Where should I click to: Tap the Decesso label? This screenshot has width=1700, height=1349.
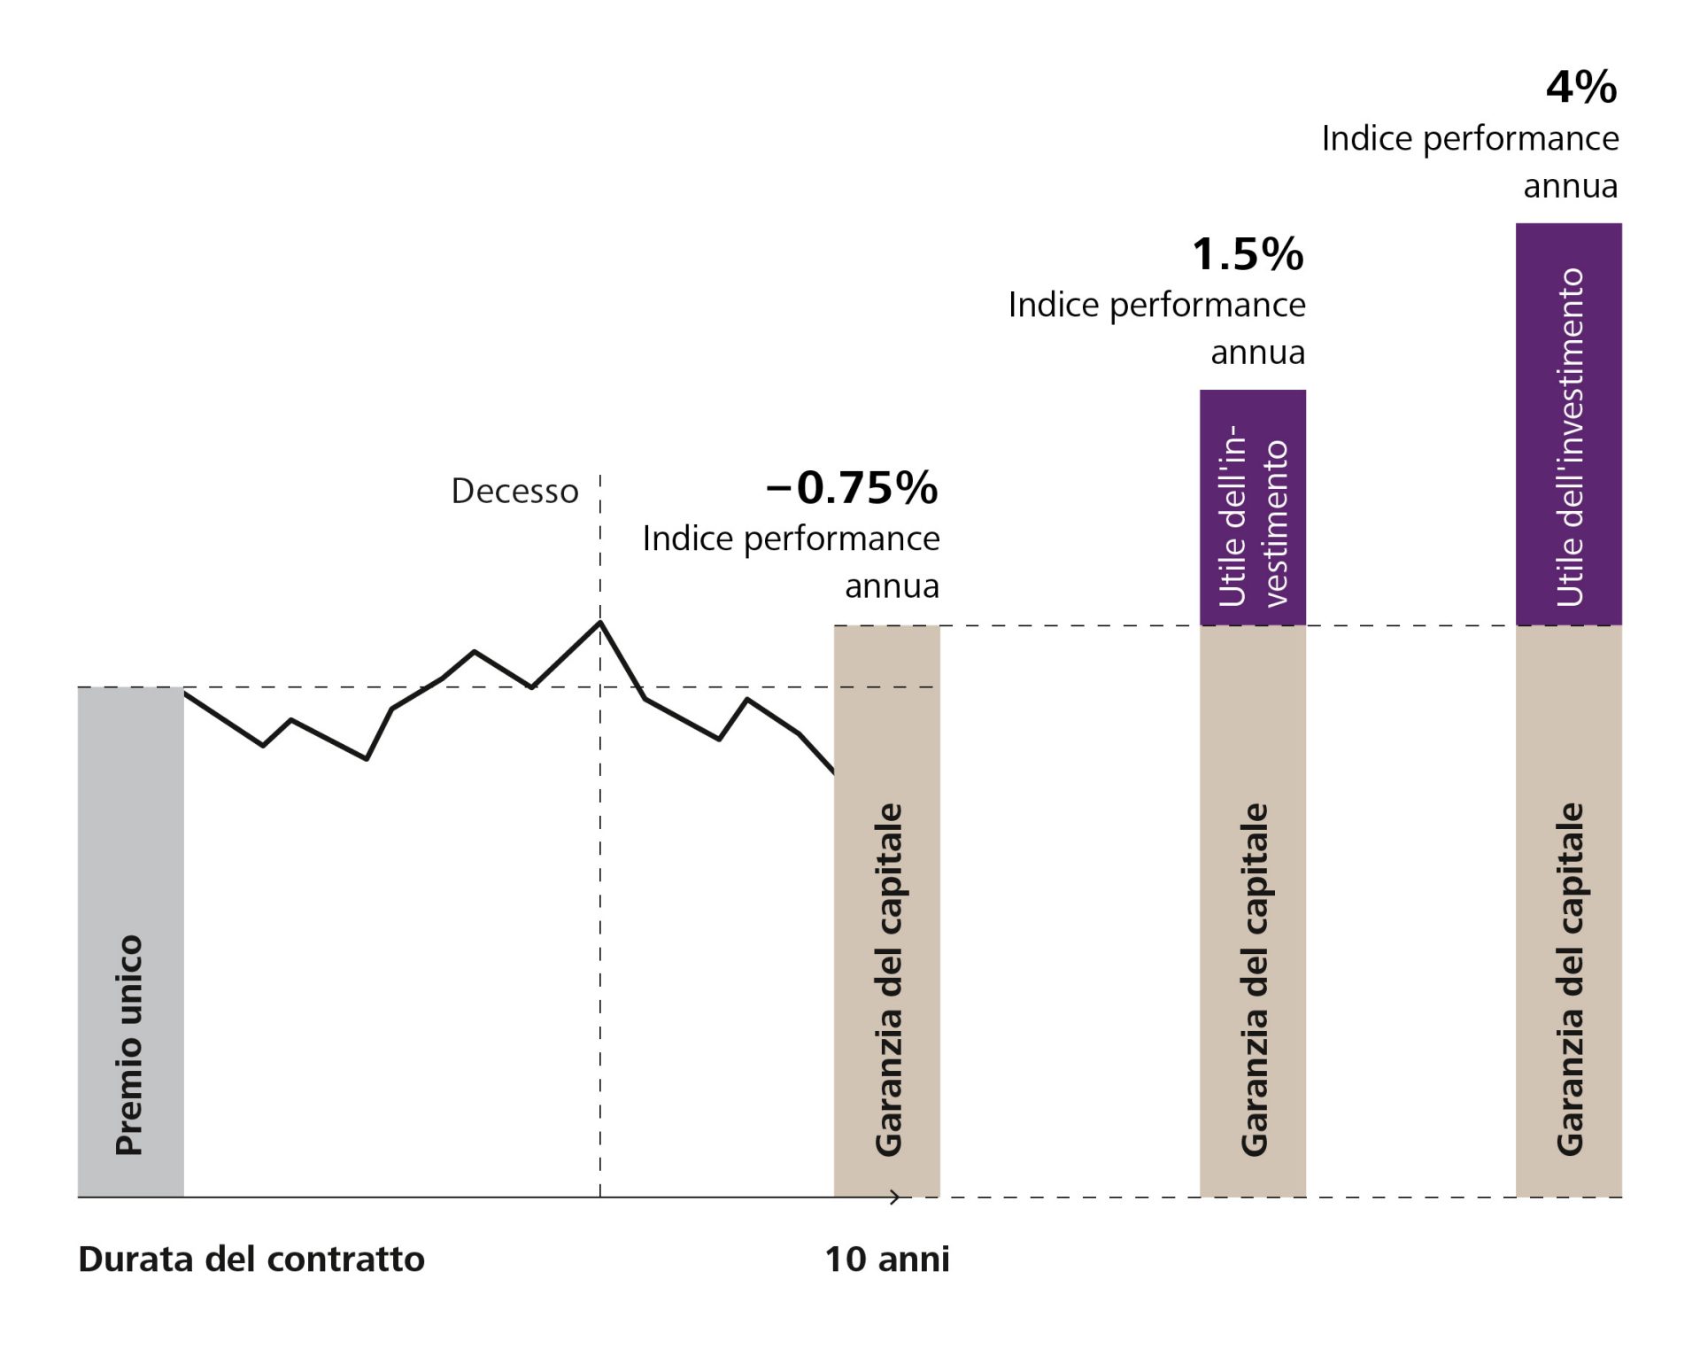pos(514,491)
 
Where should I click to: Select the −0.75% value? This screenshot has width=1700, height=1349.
pos(851,487)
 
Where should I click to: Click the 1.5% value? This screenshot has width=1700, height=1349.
pos(1248,254)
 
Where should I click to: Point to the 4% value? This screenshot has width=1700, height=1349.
pos(1581,88)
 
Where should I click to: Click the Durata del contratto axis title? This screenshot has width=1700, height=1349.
pos(251,1259)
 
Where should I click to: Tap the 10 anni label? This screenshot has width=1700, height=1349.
pos(886,1259)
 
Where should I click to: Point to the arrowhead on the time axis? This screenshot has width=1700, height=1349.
pos(895,1198)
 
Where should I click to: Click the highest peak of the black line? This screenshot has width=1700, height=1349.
pos(600,623)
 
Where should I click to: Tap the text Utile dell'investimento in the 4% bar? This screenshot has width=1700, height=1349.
pos(1570,438)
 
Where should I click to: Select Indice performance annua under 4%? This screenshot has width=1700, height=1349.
pos(1471,161)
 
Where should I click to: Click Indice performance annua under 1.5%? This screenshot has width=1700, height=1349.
pos(1156,328)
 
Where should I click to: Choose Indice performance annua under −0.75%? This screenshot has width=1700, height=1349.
pos(791,562)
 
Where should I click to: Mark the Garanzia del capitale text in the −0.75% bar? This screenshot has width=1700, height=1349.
pos(888,980)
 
